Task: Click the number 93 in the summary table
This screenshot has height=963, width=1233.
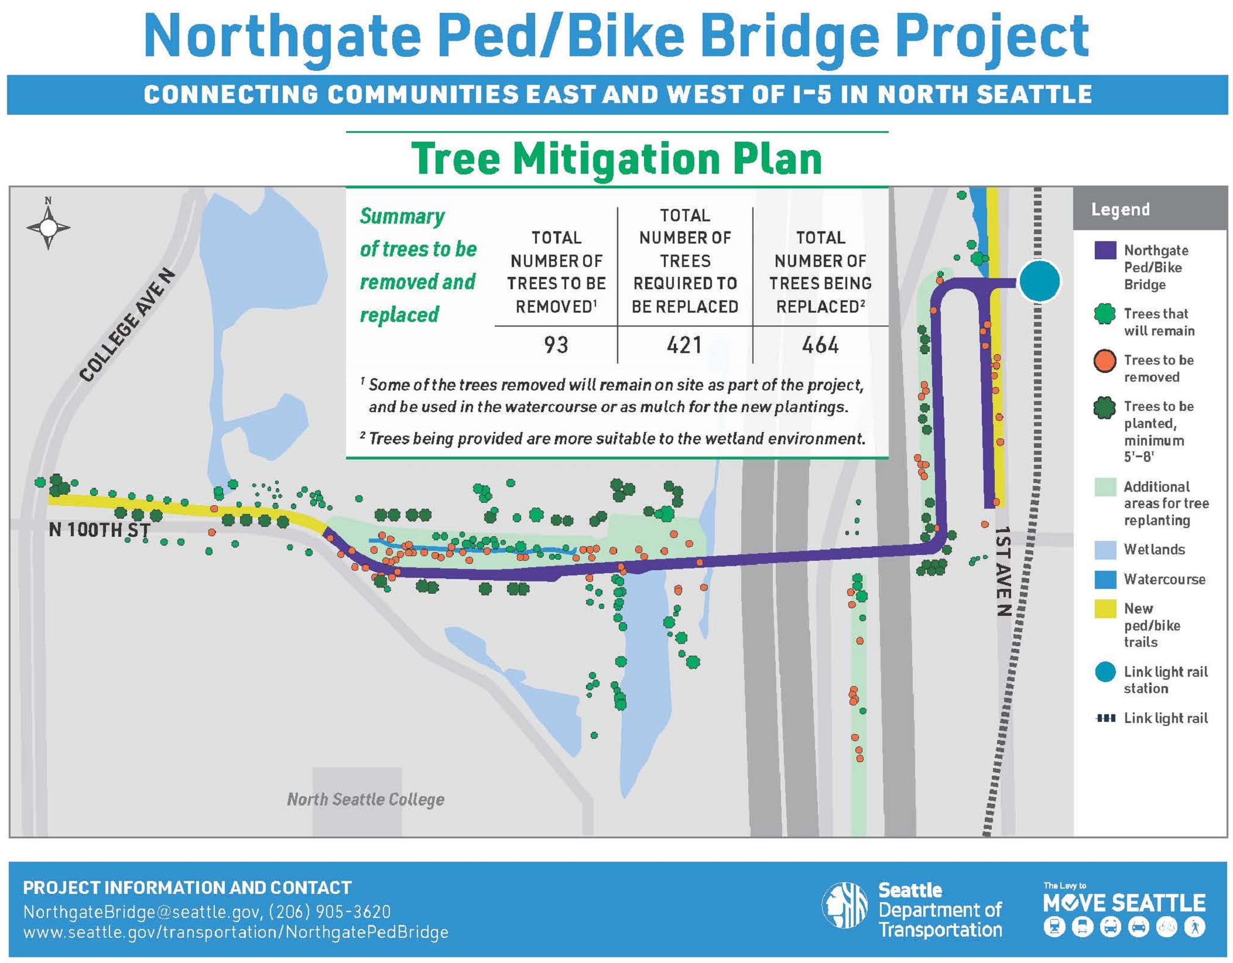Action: click(556, 345)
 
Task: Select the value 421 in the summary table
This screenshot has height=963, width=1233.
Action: click(684, 345)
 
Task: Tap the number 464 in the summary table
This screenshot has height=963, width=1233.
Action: click(820, 345)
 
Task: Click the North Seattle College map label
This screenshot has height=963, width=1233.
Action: click(365, 799)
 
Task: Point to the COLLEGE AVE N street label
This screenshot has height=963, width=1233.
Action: click(126, 325)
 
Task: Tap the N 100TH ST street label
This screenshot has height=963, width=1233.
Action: click(100, 530)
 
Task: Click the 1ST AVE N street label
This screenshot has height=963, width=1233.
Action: click(1003, 571)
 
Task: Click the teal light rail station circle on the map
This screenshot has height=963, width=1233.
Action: click(1039, 282)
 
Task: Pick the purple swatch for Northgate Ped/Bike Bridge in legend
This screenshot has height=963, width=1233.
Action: click(1105, 251)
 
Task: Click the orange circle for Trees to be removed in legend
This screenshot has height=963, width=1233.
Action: click(1105, 361)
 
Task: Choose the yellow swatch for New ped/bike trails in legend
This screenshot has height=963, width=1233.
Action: click(1105, 609)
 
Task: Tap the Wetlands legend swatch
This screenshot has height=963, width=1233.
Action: click(1105, 550)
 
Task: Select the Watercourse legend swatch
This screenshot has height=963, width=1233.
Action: click(1105, 580)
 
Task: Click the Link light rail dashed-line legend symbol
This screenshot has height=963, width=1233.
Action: click(1105, 718)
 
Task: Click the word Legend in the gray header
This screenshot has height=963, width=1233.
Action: click(1120, 210)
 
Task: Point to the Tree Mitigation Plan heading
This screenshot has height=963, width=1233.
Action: click(616, 159)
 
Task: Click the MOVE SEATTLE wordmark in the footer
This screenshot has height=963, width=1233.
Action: click(1124, 903)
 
